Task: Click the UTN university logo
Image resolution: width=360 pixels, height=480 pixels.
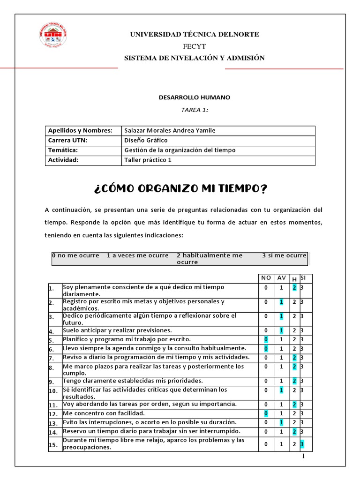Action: (x=52, y=36)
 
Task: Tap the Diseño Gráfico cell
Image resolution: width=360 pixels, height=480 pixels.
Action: (x=146, y=140)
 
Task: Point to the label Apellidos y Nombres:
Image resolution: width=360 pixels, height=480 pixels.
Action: (x=80, y=130)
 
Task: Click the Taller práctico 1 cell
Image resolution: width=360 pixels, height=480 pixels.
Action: (x=148, y=160)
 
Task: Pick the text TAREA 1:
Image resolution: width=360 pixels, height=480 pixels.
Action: (x=194, y=110)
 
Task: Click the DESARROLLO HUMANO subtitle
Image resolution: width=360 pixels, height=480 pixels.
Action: (x=194, y=97)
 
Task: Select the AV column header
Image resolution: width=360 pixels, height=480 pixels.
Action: (x=281, y=278)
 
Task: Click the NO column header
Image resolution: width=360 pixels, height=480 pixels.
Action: (x=266, y=278)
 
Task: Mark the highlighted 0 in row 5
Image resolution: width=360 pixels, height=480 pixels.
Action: (x=266, y=339)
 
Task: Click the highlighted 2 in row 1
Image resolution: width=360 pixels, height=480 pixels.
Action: (x=294, y=288)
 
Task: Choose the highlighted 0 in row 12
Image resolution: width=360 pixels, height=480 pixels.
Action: (x=266, y=413)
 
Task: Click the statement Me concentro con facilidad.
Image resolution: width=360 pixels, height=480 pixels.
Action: (x=104, y=413)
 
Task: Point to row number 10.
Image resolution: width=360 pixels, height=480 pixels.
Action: (x=53, y=390)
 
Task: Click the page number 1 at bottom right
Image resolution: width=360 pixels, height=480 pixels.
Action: (x=303, y=456)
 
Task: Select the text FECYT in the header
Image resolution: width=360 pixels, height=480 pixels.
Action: (x=194, y=46)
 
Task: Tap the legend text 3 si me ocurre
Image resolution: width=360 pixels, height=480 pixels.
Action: (x=284, y=255)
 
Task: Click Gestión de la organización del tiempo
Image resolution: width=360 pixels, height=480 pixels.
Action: (x=180, y=150)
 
